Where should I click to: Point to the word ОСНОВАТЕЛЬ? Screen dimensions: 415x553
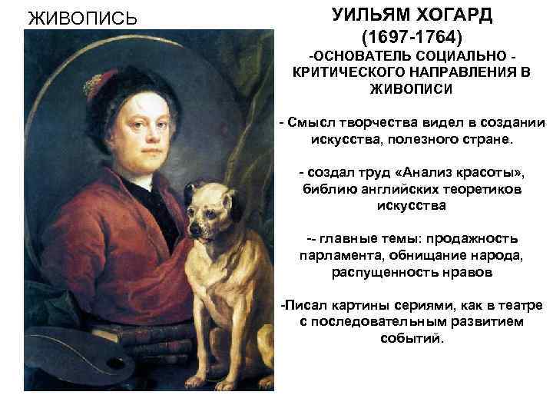click(358, 58)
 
